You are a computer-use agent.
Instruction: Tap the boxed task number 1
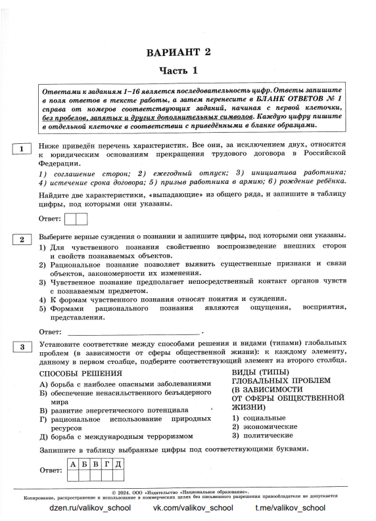[22, 149]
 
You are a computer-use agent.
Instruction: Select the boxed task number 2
[22, 239]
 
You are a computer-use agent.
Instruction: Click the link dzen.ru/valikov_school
[90, 508]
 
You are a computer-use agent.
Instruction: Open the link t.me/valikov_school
[290, 508]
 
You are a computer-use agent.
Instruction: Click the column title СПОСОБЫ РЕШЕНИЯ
[72, 374]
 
